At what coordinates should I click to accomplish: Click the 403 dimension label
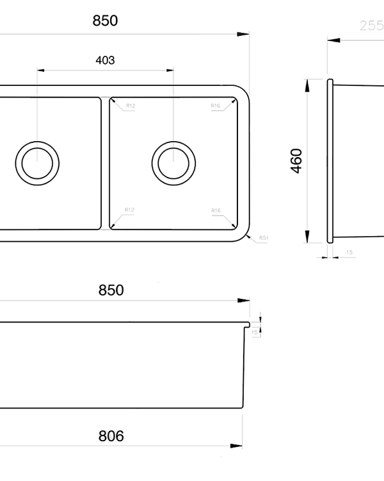(x=105, y=60)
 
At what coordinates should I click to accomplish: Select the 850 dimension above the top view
(x=105, y=21)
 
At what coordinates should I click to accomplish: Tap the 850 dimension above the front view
(x=111, y=290)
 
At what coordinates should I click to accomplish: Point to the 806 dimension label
(x=111, y=436)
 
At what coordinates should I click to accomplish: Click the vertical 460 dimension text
(x=296, y=160)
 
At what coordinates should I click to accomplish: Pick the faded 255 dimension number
(x=370, y=26)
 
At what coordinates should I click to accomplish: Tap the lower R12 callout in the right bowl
(x=129, y=210)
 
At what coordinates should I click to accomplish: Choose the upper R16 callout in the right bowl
(x=216, y=105)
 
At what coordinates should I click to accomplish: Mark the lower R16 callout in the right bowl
(x=216, y=210)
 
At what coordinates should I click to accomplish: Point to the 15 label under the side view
(x=349, y=252)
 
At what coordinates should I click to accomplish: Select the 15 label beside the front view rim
(x=255, y=332)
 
